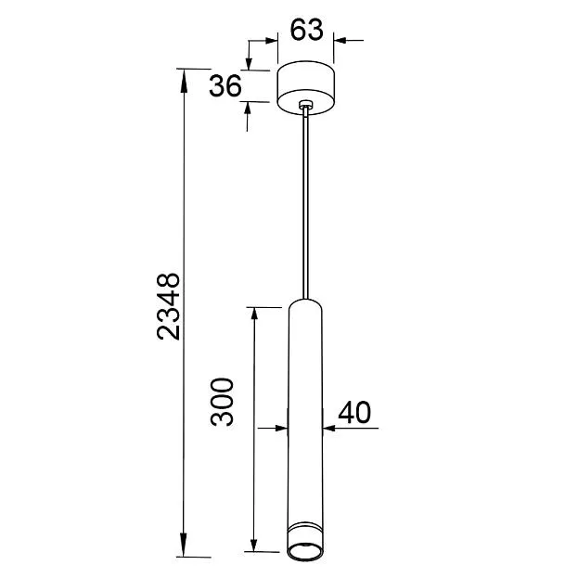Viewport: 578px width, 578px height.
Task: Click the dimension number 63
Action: (x=306, y=30)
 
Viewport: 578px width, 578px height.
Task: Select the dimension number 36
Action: (x=225, y=86)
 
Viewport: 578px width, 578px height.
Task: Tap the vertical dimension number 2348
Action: (x=169, y=306)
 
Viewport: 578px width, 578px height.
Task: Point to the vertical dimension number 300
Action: (x=223, y=402)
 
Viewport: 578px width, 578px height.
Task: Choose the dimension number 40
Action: (x=354, y=412)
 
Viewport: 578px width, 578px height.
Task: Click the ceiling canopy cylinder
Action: (x=305, y=88)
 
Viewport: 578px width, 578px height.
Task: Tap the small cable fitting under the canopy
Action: (x=305, y=105)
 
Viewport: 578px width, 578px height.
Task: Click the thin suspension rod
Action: (x=305, y=203)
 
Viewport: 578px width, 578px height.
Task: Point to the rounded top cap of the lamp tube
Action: (x=305, y=304)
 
